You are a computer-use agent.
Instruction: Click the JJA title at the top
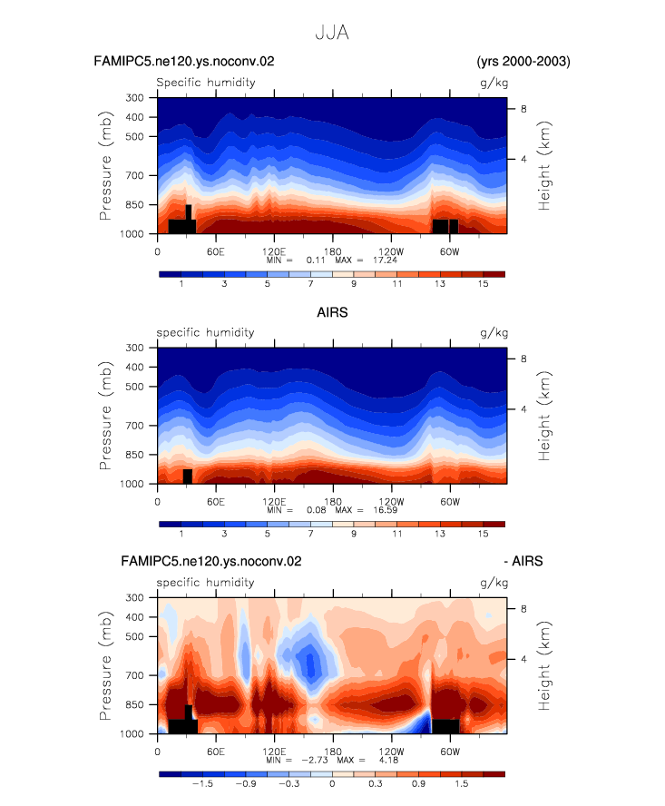coord(332,33)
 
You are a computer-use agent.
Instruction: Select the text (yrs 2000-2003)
coord(523,61)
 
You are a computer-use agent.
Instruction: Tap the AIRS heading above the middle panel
coord(332,312)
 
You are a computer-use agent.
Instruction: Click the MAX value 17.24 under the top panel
coord(385,260)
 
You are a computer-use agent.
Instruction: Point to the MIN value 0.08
coord(317,510)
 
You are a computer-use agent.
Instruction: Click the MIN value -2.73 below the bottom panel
coord(315,760)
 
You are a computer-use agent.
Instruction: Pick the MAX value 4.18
coord(388,760)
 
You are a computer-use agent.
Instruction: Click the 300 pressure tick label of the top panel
coord(134,98)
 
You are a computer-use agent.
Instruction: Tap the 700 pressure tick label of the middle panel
coord(134,426)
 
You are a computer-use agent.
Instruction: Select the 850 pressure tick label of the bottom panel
coord(134,704)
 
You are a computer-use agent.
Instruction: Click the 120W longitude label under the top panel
coord(391,251)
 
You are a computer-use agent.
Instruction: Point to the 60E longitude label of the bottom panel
coord(216,752)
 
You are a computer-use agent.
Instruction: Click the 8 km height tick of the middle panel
coord(523,359)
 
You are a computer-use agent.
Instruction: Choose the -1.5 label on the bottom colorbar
coord(202,784)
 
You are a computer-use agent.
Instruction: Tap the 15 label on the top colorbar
coord(483,284)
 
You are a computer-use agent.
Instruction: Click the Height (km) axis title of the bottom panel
coord(544,665)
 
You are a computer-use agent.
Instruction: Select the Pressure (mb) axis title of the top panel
coord(105,165)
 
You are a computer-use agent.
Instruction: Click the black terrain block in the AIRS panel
coord(188,477)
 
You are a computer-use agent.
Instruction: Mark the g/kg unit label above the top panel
coord(494,83)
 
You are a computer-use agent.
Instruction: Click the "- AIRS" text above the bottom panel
coord(523,561)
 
